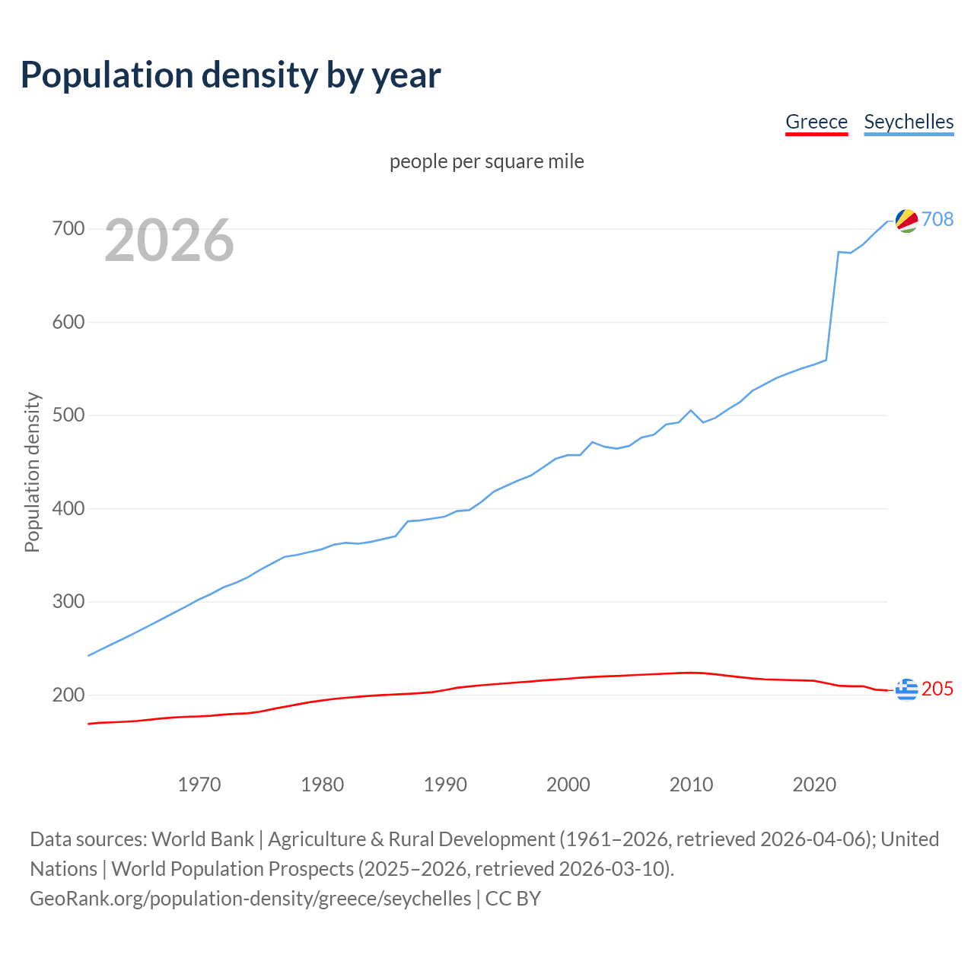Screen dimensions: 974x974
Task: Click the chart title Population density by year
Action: click(231, 75)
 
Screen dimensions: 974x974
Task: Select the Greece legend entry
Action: click(816, 122)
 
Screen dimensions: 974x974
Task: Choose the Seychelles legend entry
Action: click(909, 122)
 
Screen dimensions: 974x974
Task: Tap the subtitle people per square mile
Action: click(487, 161)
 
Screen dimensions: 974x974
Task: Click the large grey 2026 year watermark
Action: click(169, 240)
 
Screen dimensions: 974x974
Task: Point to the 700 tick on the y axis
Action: click(68, 228)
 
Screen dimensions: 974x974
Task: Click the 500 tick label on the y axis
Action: click(68, 415)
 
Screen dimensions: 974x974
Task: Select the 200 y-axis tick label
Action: click(68, 695)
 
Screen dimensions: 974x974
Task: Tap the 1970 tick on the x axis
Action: click(199, 784)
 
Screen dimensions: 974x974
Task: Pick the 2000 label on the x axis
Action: click(568, 784)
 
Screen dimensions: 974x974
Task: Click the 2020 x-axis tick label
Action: click(814, 784)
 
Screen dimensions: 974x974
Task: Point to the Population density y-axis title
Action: click(32, 472)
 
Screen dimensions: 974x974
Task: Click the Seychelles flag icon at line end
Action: click(906, 220)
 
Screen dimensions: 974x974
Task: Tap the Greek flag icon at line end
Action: click(906, 689)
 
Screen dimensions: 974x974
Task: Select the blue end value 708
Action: click(937, 219)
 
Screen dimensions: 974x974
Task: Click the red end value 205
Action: click(937, 689)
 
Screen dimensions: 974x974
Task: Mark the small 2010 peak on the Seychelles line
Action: click(691, 410)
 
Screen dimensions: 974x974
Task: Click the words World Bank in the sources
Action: click(202, 839)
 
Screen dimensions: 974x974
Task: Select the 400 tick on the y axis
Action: click(68, 508)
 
